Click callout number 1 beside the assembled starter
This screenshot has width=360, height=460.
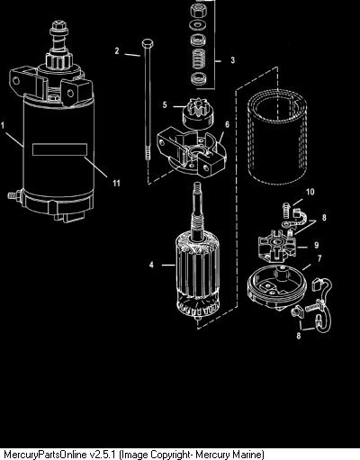click(x=3, y=125)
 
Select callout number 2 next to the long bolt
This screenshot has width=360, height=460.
click(x=117, y=50)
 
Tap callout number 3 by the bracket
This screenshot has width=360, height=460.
click(x=232, y=59)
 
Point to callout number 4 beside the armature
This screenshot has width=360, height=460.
click(x=151, y=265)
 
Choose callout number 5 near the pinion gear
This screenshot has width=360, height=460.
click(x=165, y=104)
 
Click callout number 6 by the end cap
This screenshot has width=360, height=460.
click(x=227, y=124)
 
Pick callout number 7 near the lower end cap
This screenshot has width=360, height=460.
click(x=319, y=258)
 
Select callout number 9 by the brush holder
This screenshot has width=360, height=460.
click(x=317, y=245)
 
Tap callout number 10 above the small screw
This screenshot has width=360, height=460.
click(x=310, y=192)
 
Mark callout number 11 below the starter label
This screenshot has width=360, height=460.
click(x=116, y=183)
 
